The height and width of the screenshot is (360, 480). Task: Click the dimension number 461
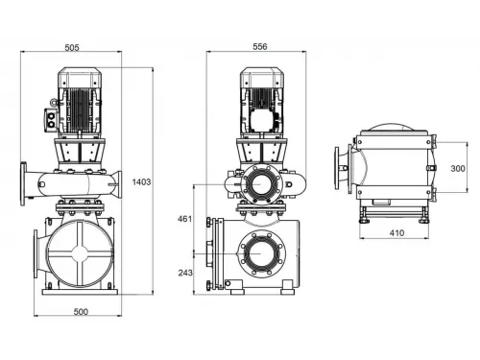(185, 220)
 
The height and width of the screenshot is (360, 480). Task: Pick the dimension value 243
(185, 274)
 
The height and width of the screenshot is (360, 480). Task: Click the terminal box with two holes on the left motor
(49, 117)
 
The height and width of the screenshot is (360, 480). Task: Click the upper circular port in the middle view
(257, 185)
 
